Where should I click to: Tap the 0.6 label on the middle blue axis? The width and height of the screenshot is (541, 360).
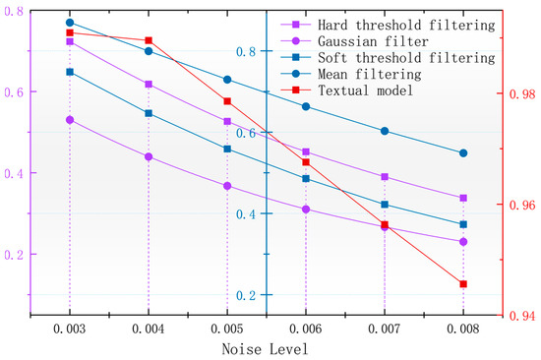(x=249, y=133)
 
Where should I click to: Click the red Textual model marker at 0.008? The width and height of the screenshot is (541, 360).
(x=463, y=284)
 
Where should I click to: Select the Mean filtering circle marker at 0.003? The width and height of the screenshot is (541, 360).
(x=70, y=22)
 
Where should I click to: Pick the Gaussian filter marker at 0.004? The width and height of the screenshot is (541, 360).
(x=149, y=156)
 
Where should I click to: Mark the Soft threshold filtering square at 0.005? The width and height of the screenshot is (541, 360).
(x=227, y=149)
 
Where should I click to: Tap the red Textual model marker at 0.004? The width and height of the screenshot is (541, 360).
(x=149, y=40)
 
